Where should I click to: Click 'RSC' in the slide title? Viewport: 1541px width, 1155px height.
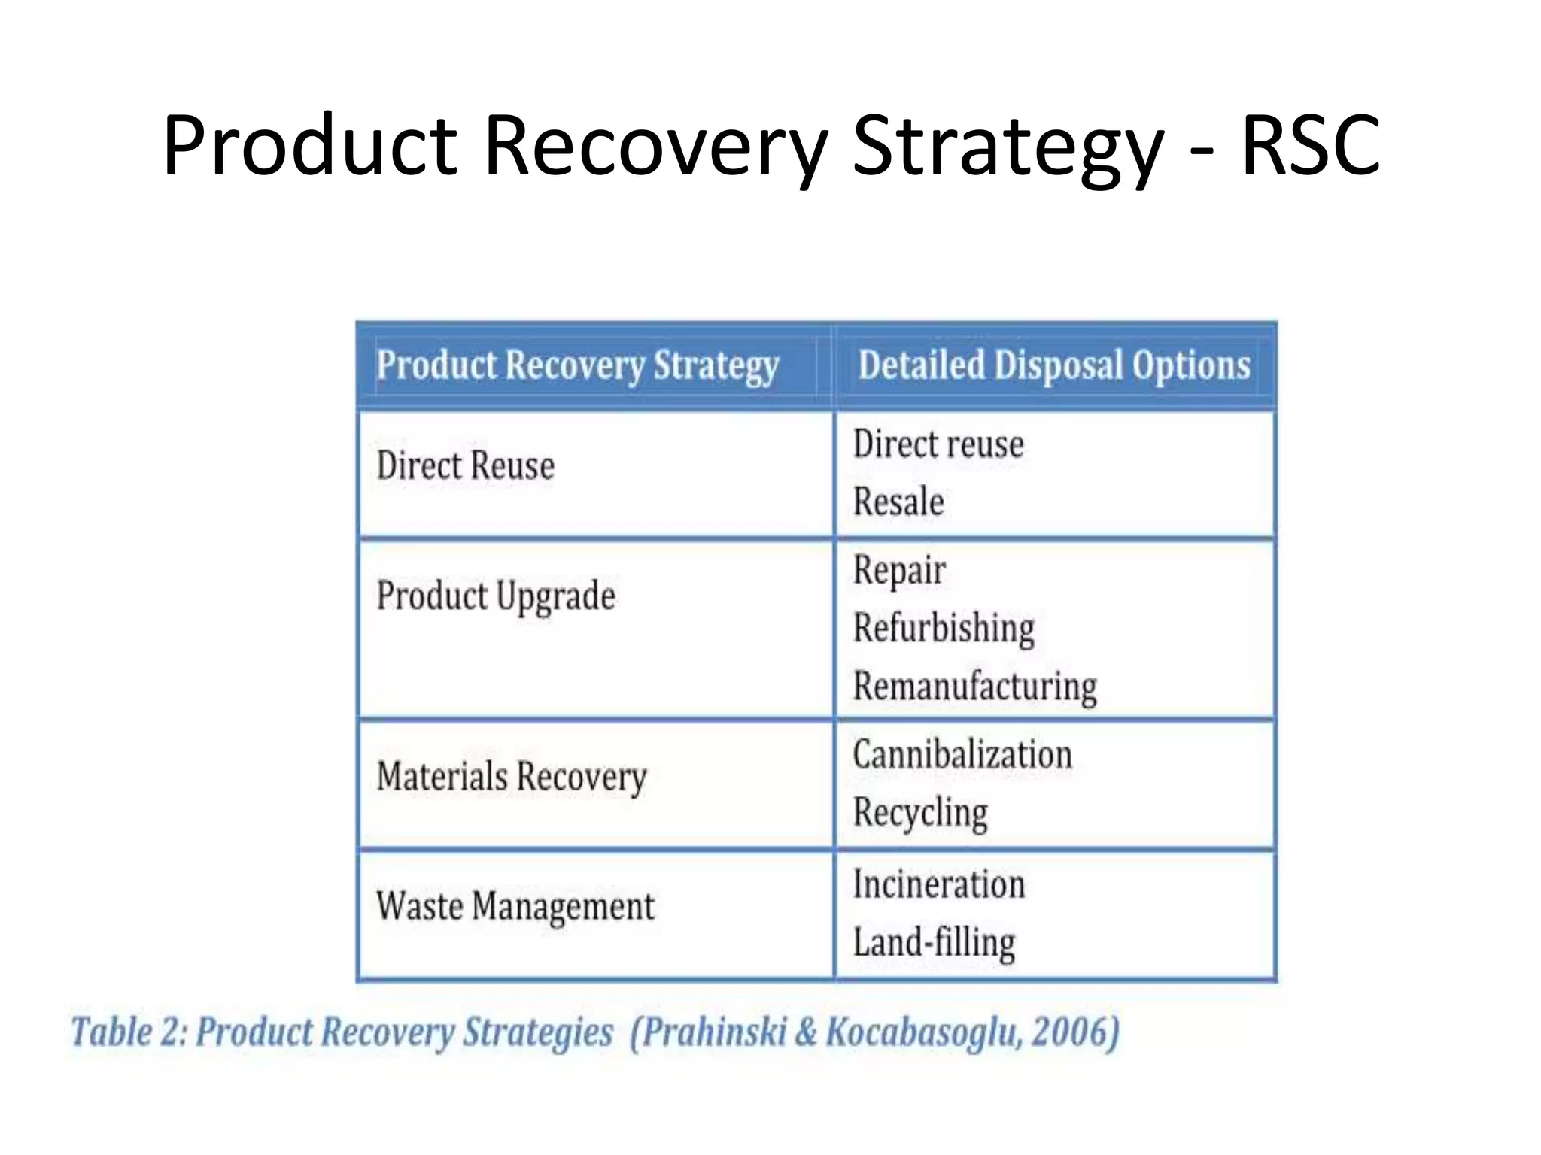click(x=1310, y=144)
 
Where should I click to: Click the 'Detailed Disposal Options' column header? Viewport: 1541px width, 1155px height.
click(x=1054, y=365)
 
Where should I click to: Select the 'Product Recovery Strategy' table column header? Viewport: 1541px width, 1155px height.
click(x=577, y=365)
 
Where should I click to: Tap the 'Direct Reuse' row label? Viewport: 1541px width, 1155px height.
click(x=465, y=465)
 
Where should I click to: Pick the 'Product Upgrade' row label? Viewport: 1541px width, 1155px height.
click(x=496, y=596)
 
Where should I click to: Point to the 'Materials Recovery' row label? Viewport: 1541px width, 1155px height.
click(x=511, y=777)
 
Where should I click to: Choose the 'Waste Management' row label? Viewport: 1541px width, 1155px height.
click(x=515, y=906)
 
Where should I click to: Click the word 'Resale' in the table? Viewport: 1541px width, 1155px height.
click(x=898, y=502)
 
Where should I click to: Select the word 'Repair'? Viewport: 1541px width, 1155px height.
click(x=899, y=571)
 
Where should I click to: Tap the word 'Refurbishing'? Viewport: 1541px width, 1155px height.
click(x=944, y=628)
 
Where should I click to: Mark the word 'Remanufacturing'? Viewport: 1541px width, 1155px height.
click(x=974, y=686)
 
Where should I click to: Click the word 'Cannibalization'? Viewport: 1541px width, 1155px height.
click(x=962, y=754)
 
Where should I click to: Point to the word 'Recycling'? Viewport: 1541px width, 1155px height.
click(x=920, y=813)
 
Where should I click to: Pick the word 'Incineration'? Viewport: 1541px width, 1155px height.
click(x=938, y=884)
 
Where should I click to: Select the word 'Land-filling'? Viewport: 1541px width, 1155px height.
click(x=934, y=942)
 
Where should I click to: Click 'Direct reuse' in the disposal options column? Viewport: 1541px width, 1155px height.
click(x=938, y=444)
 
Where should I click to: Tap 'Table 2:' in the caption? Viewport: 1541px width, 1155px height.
click(x=129, y=1032)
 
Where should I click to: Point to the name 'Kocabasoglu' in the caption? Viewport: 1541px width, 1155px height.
click(x=923, y=1032)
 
